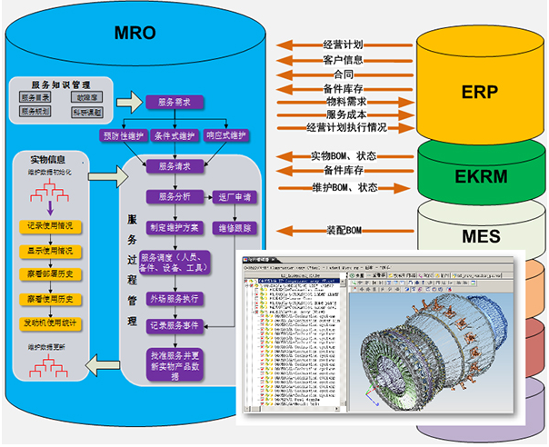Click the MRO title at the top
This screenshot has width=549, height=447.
point(135,34)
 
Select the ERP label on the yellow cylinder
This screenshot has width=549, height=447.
point(479,93)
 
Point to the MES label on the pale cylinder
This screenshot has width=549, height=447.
point(479,238)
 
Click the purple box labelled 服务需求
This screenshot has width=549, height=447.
point(173,102)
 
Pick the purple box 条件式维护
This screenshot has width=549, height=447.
point(173,135)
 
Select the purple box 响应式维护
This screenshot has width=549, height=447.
point(226,135)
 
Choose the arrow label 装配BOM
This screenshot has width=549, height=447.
point(343,231)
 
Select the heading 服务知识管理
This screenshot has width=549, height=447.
point(55,82)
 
